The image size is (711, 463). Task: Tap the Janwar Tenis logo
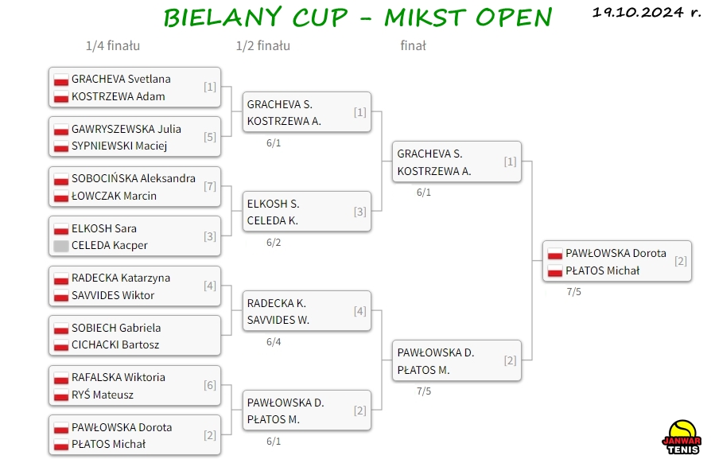[x=682, y=438]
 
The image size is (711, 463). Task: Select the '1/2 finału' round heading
[x=263, y=46]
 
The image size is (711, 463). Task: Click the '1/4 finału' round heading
[x=113, y=46]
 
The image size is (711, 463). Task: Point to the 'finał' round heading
[x=413, y=46]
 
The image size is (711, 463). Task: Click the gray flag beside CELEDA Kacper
[x=61, y=246]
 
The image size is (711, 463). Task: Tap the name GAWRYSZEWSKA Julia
[x=126, y=129]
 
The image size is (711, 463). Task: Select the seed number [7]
[x=209, y=186]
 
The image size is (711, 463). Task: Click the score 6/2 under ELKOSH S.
[x=274, y=243]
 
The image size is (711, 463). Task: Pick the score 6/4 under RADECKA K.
[x=274, y=342]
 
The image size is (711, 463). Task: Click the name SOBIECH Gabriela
[x=116, y=328]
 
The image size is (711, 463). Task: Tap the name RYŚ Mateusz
[x=103, y=395]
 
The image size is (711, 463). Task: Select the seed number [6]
[x=209, y=386]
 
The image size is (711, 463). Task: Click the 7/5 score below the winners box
[x=573, y=292]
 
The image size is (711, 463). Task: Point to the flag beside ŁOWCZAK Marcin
[x=61, y=196]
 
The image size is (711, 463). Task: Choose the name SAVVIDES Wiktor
[x=113, y=295]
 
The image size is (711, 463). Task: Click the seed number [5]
[x=209, y=137]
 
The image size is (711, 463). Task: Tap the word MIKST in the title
[x=425, y=18]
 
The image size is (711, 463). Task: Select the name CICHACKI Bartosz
[x=115, y=344]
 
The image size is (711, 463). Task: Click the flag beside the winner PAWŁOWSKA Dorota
[x=555, y=254]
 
